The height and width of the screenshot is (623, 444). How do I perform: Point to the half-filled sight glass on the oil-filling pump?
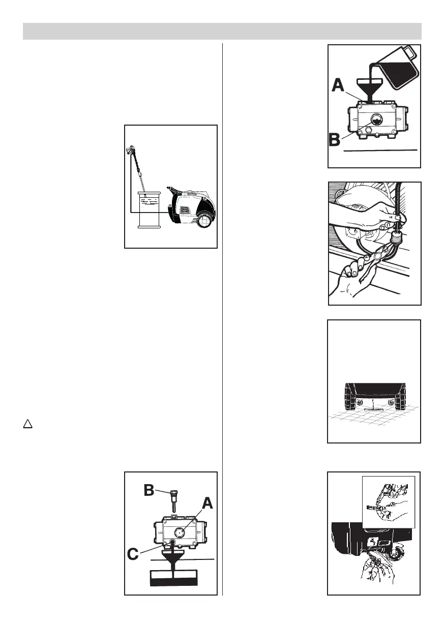click(377, 120)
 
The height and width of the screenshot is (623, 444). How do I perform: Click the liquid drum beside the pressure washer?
click(150, 209)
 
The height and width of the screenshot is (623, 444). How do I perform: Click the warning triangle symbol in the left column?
click(27, 423)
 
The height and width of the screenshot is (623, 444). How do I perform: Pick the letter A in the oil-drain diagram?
click(208, 503)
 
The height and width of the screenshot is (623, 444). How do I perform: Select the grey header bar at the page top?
click(222, 31)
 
